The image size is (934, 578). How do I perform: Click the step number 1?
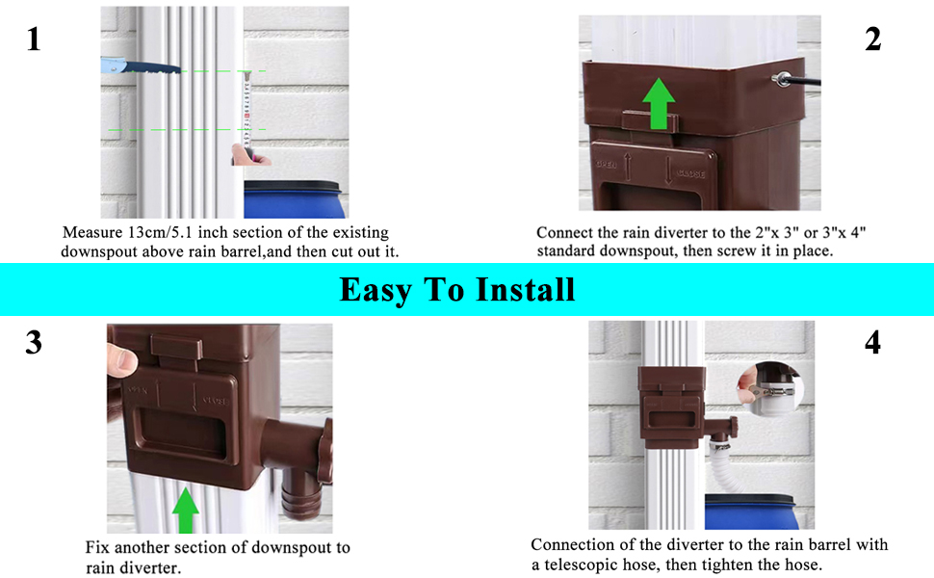pyautogui.click(x=35, y=39)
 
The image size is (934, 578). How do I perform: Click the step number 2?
pyautogui.click(x=872, y=39)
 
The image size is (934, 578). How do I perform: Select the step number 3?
pyautogui.click(x=34, y=343)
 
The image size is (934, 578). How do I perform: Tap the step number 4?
pyautogui.click(x=872, y=343)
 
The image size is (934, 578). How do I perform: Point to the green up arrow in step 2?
pyautogui.click(x=659, y=102)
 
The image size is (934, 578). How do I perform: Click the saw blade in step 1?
pyautogui.click(x=139, y=68)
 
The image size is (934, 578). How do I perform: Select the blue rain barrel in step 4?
pyautogui.click(x=755, y=510)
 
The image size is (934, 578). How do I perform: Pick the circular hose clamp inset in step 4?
pyautogui.click(x=770, y=391)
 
